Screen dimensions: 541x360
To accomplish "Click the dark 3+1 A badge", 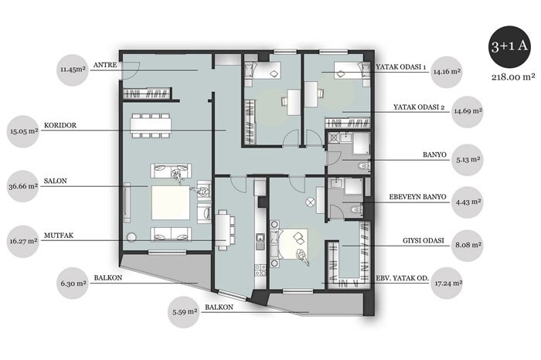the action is pyautogui.click(x=509, y=47).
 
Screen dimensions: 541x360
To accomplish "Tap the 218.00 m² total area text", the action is pyautogui.click(x=513, y=77).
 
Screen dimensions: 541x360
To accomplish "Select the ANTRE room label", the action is pyautogui.click(x=105, y=65).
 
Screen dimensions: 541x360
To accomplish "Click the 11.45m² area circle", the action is pyautogui.click(x=73, y=70).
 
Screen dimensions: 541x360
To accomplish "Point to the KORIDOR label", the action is pyautogui.click(x=60, y=125).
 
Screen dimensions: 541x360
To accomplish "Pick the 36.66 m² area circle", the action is pyautogui.click(x=23, y=186).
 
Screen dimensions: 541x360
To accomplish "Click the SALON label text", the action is pyautogui.click(x=56, y=181).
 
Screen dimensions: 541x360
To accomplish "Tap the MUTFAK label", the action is pyautogui.click(x=59, y=236).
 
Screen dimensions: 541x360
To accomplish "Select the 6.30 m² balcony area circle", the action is pyautogui.click(x=73, y=283).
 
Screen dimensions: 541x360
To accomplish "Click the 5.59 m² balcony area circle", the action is pyautogui.click(x=184, y=312).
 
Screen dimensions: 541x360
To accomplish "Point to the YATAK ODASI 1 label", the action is pyautogui.click(x=400, y=67).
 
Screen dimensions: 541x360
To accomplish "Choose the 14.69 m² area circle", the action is pyautogui.click(x=468, y=112).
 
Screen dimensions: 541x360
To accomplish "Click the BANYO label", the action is pyautogui.click(x=434, y=155).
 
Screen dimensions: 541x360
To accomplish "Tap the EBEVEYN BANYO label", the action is pyautogui.click(x=417, y=197).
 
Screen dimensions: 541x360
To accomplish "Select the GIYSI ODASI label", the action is pyautogui.click(x=424, y=240).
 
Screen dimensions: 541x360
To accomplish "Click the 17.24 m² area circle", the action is pyautogui.click(x=447, y=284).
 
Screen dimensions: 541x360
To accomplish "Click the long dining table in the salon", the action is pyautogui.click(x=151, y=125).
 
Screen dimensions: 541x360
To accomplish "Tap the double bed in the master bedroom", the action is pyautogui.click(x=294, y=244).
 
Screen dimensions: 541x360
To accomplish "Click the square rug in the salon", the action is pyautogui.click(x=171, y=202).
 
